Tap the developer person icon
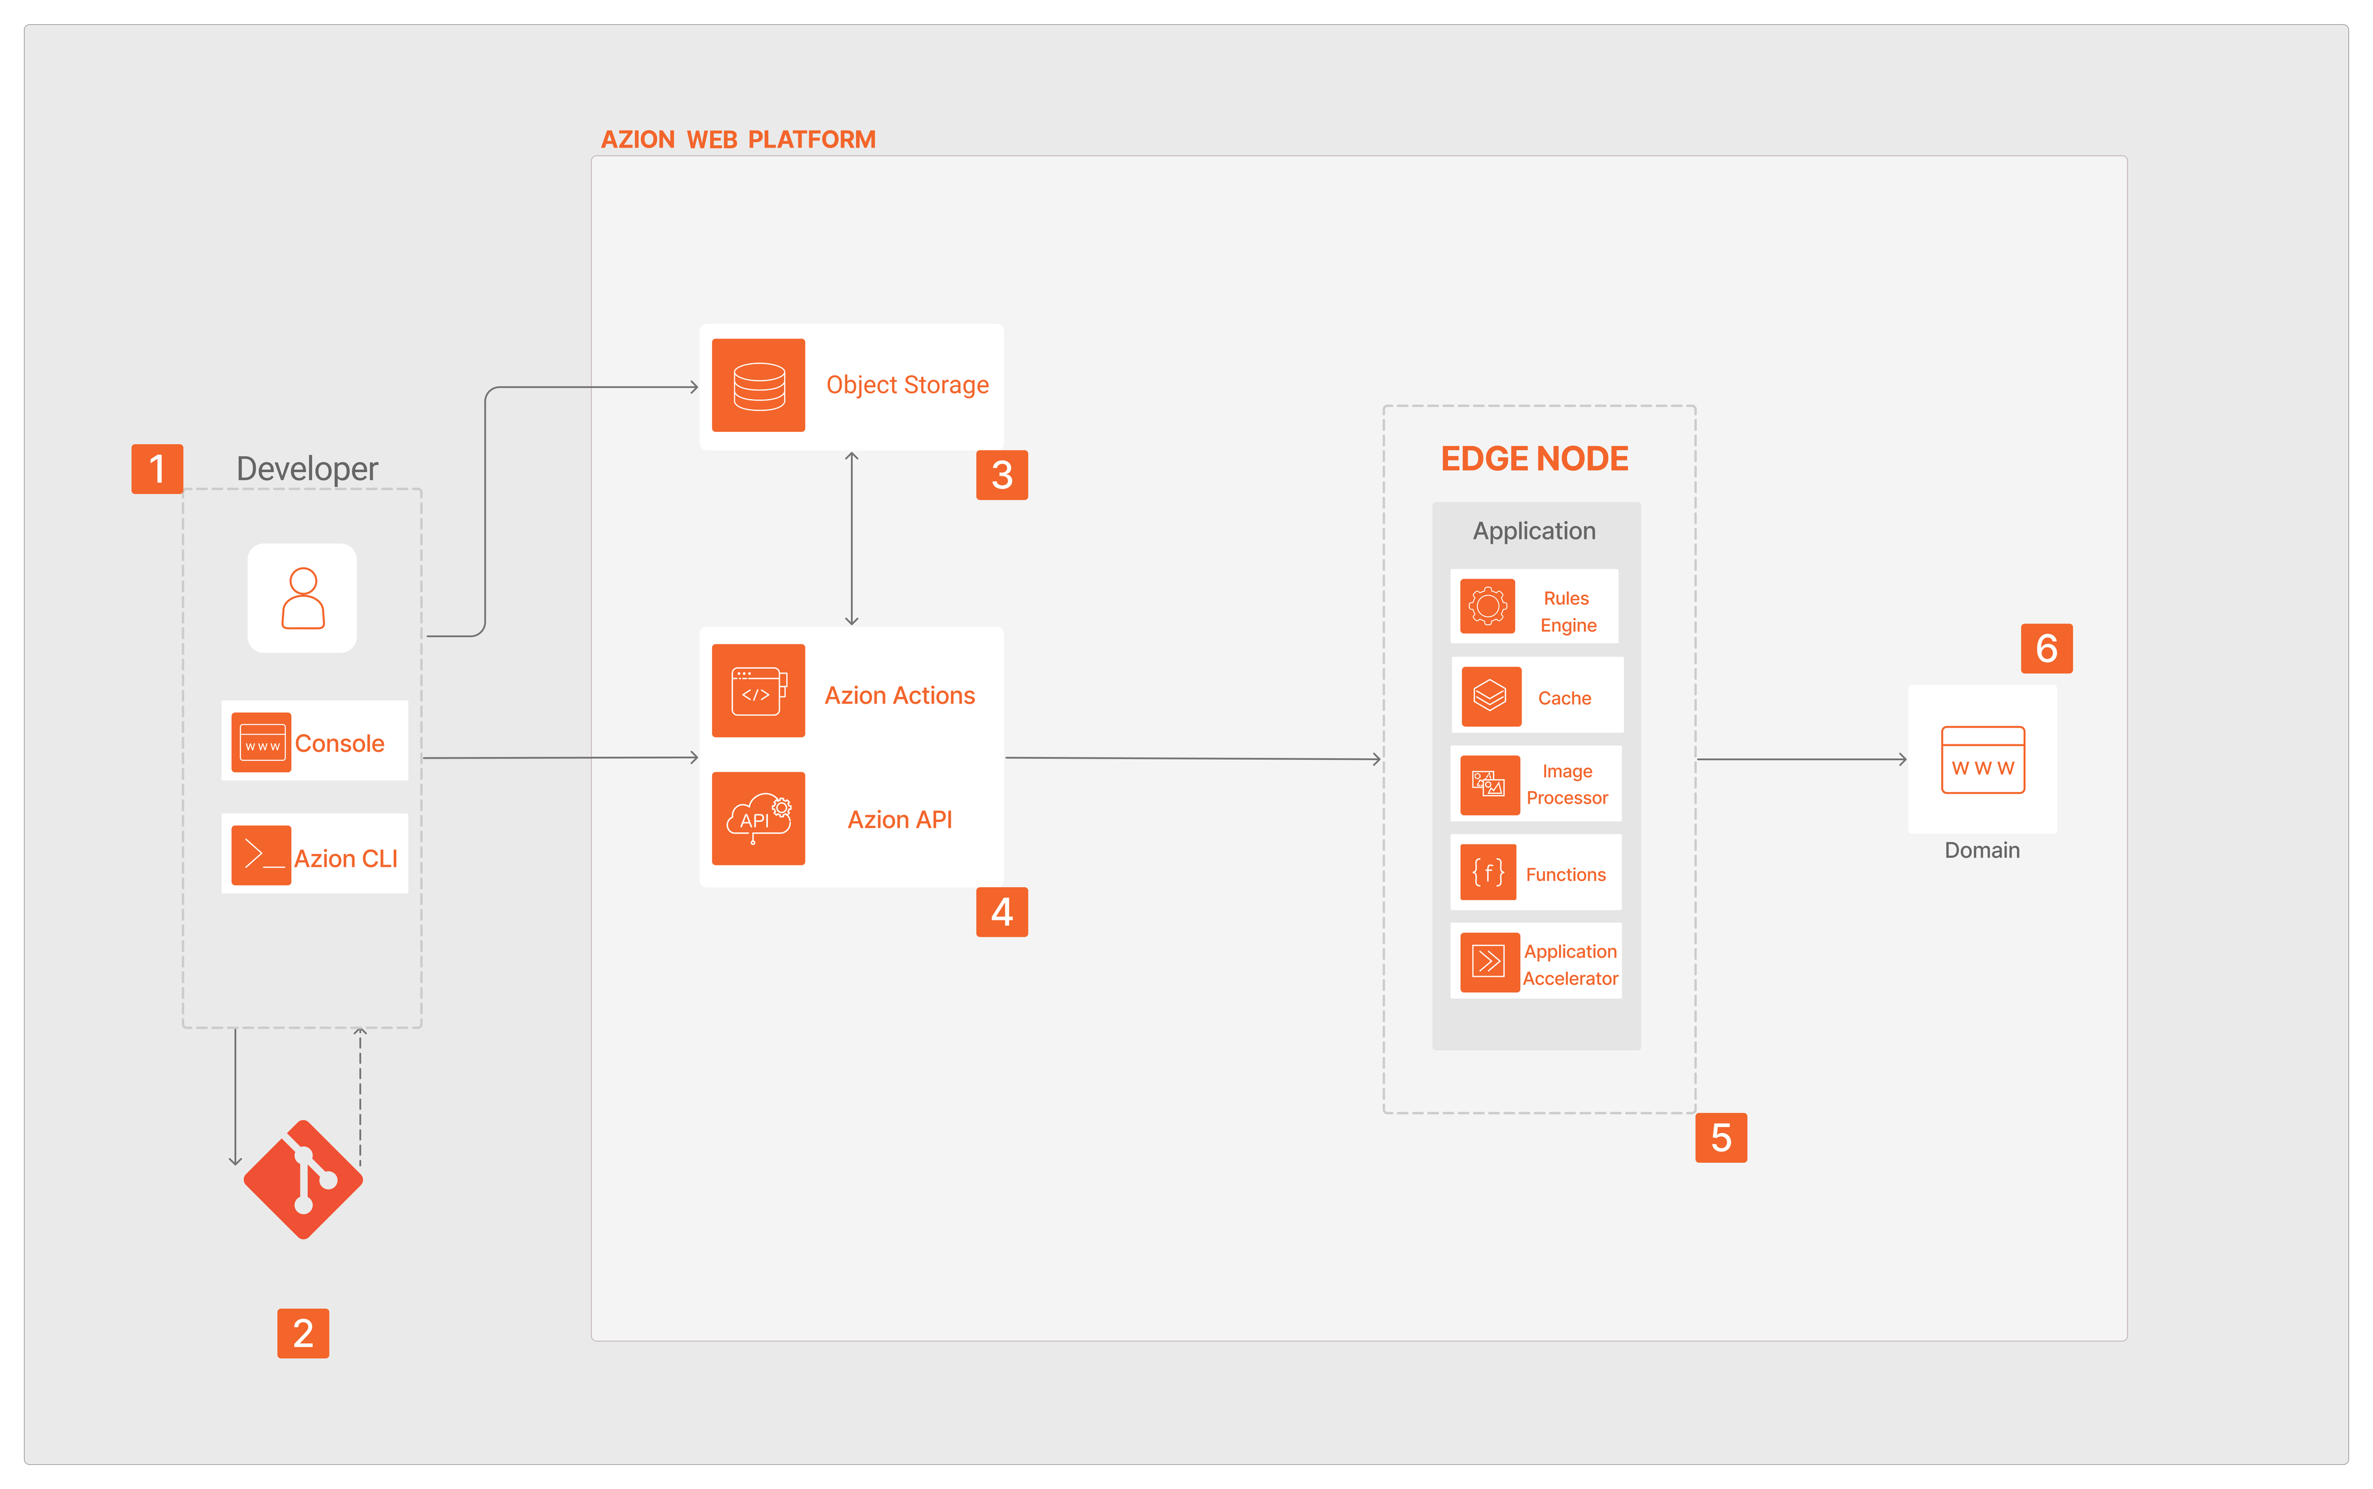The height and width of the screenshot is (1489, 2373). [302, 598]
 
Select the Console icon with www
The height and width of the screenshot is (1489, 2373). [261, 743]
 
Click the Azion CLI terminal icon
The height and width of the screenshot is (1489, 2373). [261, 856]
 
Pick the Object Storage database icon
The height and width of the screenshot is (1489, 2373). [758, 385]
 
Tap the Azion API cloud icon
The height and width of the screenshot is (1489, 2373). [758, 819]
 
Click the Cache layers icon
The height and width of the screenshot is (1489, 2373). [1491, 696]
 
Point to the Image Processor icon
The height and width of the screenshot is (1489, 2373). [1489, 785]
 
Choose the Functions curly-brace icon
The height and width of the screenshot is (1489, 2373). [1487, 872]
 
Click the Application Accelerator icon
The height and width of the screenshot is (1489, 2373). [1489, 961]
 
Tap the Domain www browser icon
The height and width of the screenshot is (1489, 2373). [1982, 759]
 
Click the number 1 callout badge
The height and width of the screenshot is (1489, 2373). [156, 469]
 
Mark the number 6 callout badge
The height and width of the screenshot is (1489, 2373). [2046, 649]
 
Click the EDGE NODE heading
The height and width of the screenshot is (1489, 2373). [1534, 459]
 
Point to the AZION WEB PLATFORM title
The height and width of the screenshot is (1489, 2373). [738, 140]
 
